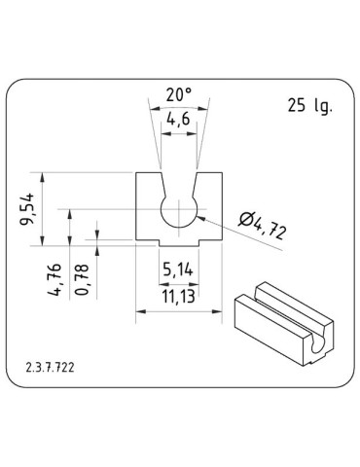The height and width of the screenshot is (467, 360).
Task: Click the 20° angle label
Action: click(178, 95)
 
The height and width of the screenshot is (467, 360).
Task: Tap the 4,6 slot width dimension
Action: click(178, 120)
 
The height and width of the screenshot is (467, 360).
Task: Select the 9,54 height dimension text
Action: click(28, 208)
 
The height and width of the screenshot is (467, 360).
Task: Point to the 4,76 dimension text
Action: click(56, 277)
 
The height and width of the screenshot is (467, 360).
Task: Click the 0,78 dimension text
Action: click(84, 279)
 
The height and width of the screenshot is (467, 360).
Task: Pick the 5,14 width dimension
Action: click(179, 269)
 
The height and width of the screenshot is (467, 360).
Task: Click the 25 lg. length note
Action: click(310, 107)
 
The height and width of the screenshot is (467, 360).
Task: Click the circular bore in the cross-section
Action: click(179, 211)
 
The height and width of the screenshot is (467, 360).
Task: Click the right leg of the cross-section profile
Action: click(211, 208)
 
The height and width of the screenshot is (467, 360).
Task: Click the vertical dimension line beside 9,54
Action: click(44, 208)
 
